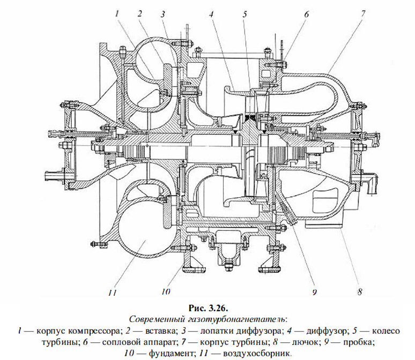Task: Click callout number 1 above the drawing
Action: pos(116,16)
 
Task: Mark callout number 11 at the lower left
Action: pos(112,292)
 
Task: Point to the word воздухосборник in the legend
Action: pos(263,353)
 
